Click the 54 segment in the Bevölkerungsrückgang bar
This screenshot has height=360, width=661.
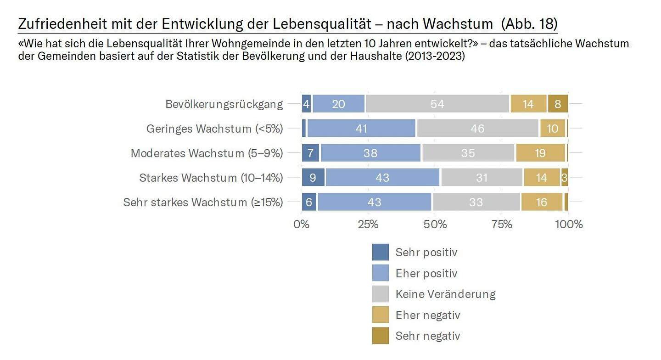(x=437, y=104)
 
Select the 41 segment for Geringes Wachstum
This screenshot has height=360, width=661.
(x=361, y=129)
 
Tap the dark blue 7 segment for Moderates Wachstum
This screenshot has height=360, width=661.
(x=310, y=153)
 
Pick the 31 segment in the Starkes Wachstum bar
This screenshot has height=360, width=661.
(x=482, y=177)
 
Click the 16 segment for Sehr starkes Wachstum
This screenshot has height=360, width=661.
(x=542, y=202)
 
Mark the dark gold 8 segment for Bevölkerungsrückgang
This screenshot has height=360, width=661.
(x=558, y=104)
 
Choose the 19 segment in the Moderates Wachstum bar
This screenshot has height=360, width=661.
(x=540, y=153)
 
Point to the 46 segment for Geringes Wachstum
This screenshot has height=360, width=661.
(x=477, y=129)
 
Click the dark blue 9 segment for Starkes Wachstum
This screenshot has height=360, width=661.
(x=313, y=177)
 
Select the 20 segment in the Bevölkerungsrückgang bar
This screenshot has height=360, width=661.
(x=339, y=104)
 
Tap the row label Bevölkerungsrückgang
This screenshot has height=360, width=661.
(x=224, y=104)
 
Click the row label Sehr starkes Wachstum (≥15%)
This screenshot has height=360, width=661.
(x=203, y=202)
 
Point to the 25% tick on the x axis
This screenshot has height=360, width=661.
(x=368, y=225)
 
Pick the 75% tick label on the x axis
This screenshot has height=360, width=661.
(x=502, y=225)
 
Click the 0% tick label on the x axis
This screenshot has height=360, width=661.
(x=302, y=225)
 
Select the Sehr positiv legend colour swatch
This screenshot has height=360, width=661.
(x=381, y=252)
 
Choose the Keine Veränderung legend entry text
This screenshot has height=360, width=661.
(x=445, y=294)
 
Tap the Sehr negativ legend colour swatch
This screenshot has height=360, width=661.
(x=381, y=336)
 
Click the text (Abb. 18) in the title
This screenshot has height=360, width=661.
(x=529, y=23)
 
